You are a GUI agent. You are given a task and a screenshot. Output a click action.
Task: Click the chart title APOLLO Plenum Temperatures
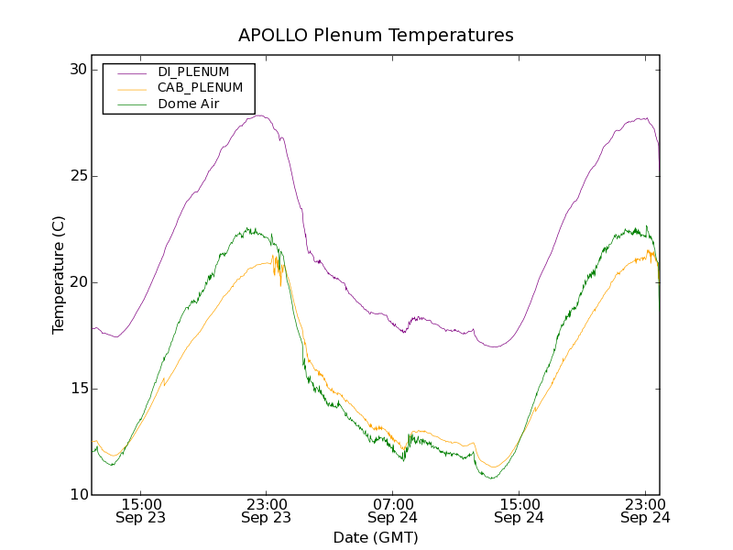click(x=376, y=36)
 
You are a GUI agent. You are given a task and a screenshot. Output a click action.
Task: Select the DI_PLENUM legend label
click(x=193, y=71)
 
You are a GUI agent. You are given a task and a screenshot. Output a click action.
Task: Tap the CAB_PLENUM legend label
click(x=201, y=88)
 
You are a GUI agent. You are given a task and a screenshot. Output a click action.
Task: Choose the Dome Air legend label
click(x=189, y=104)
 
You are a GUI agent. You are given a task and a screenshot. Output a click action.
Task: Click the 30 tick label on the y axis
click(x=76, y=70)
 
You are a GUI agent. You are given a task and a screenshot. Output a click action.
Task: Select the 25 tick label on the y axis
click(x=76, y=176)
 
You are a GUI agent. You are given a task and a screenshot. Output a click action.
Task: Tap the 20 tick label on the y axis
click(x=76, y=282)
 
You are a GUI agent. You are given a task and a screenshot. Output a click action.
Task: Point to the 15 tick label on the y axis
click(x=76, y=389)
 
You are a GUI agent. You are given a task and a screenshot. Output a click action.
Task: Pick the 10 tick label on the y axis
click(x=76, y=495)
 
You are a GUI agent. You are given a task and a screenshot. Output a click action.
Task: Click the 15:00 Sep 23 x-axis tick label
click(x=140, y=511)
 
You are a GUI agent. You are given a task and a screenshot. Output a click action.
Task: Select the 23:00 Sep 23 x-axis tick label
click(x=267, y=511)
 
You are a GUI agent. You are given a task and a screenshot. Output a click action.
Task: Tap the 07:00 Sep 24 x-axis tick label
click(x=393, y=511)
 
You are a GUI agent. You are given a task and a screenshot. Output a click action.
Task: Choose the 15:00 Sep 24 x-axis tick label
click(x=519, y=511)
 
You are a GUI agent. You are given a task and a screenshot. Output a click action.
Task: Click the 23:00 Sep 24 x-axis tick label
click(x=645, y=511)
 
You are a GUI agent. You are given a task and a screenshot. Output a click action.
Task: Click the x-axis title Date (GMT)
click(x=376, y=537)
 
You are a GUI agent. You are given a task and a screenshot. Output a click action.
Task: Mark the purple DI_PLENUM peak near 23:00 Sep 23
click(x=260, y=115)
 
